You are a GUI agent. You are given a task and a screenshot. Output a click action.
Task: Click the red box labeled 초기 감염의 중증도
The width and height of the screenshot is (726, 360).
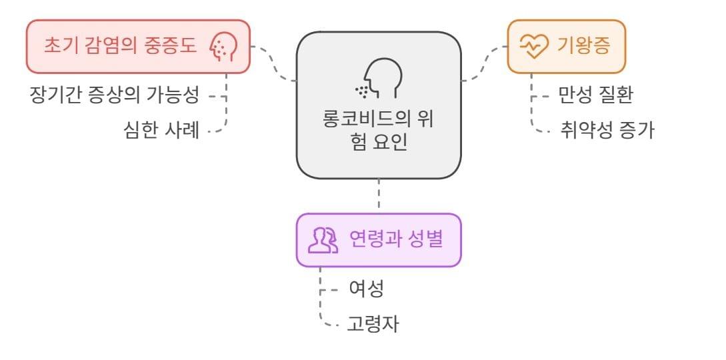[138, 46]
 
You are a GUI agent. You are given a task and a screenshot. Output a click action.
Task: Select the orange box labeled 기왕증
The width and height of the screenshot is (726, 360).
[566, 46]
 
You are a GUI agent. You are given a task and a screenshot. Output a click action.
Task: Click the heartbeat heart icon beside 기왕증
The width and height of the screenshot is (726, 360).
[533, 47]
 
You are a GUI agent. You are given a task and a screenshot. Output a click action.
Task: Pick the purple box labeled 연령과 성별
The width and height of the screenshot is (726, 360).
[378, 240]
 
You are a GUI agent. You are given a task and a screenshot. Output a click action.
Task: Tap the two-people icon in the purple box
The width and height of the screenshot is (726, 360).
[323, 240]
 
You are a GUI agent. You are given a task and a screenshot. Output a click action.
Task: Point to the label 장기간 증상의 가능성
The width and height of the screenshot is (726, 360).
[114, 95]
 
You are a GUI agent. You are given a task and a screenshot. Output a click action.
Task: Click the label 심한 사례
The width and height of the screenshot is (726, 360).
[161, 129]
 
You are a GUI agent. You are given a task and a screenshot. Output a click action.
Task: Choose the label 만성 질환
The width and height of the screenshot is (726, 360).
[595, 95]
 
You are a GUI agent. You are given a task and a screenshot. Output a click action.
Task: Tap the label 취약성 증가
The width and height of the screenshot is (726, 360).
[607, 129]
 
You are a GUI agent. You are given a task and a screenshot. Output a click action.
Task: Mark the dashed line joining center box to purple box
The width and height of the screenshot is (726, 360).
[379, 196]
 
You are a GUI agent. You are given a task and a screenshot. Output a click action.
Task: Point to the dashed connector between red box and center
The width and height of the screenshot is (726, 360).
[273, 63]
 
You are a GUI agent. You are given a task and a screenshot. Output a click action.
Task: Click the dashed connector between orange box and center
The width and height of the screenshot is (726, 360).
[485, 63]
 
